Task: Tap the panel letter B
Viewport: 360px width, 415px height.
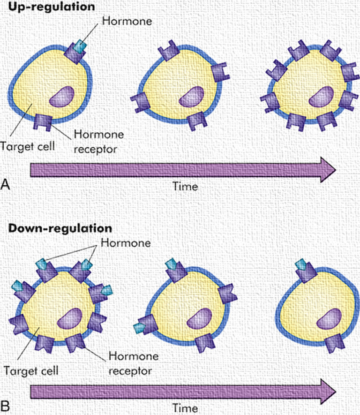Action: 6,405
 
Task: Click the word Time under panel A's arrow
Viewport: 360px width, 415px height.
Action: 185,186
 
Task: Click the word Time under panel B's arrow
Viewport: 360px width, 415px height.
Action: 185,407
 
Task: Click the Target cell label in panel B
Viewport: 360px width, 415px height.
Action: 30,369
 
